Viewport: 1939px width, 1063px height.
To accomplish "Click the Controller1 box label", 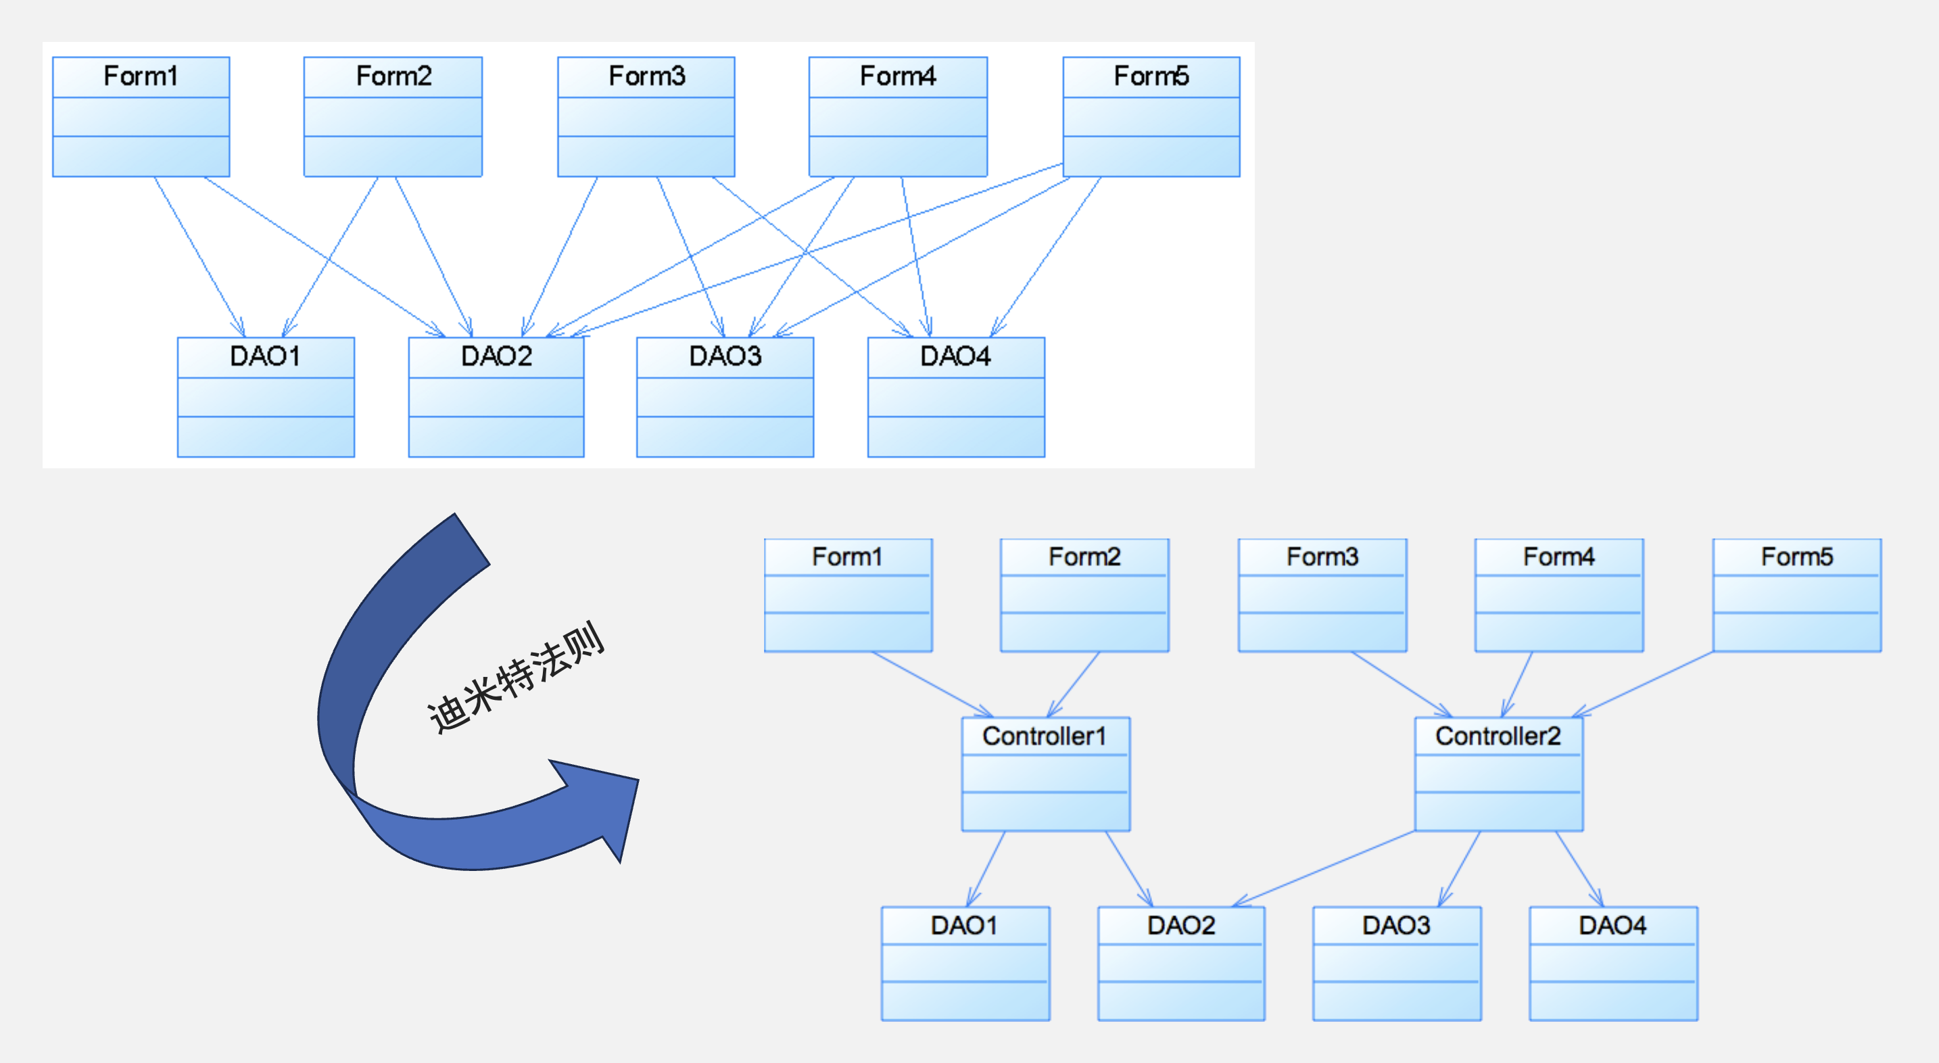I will [x=1044, y=736].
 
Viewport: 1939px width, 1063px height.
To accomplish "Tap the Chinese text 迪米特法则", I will [x=517, y=678].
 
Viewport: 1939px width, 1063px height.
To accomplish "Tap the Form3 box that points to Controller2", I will [x=1322, y=595].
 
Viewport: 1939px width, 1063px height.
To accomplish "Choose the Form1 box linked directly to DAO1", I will [x=141, y=117].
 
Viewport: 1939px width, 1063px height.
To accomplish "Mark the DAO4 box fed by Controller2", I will [x=1613, y=963].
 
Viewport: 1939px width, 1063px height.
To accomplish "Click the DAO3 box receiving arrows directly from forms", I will [x=725, y=397].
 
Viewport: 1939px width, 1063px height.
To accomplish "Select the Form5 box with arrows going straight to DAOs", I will [x=1151, y=117].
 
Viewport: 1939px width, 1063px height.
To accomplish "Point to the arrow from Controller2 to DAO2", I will [x=1325, y=868].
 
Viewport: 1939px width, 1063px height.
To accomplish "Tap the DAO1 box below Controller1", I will [x=965, y=963].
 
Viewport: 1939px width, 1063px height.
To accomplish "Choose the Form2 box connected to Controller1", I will [x=1084, y=595].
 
